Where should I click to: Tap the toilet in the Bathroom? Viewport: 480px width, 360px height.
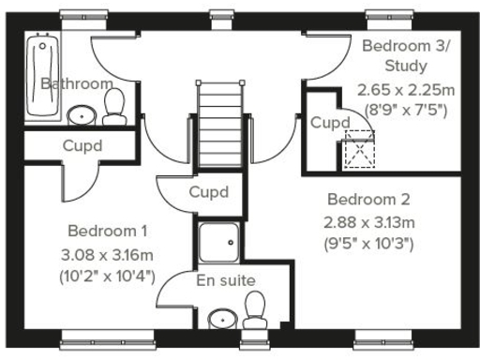point(114,106)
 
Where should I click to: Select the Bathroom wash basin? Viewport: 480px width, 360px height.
point(82,114)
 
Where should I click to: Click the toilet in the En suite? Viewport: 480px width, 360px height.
point(253,307)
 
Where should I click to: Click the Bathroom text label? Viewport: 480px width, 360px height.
point(77,83)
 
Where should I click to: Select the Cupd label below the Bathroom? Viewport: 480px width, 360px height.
point(82,145)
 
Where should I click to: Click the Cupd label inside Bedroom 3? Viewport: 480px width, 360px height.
point(329,123)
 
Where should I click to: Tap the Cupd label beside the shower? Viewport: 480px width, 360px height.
point(207,192)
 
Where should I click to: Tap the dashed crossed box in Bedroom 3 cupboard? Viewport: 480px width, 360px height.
point(358,149)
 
